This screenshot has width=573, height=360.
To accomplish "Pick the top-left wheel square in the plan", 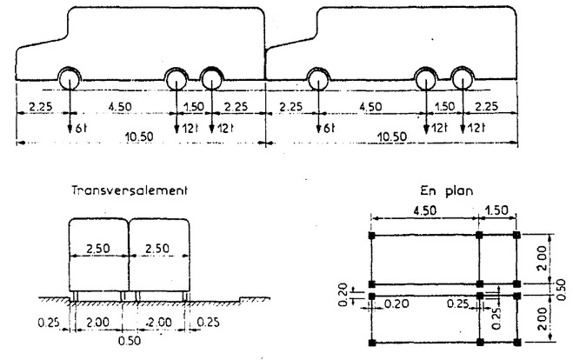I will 372,236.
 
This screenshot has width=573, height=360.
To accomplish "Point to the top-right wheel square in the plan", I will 517,236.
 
